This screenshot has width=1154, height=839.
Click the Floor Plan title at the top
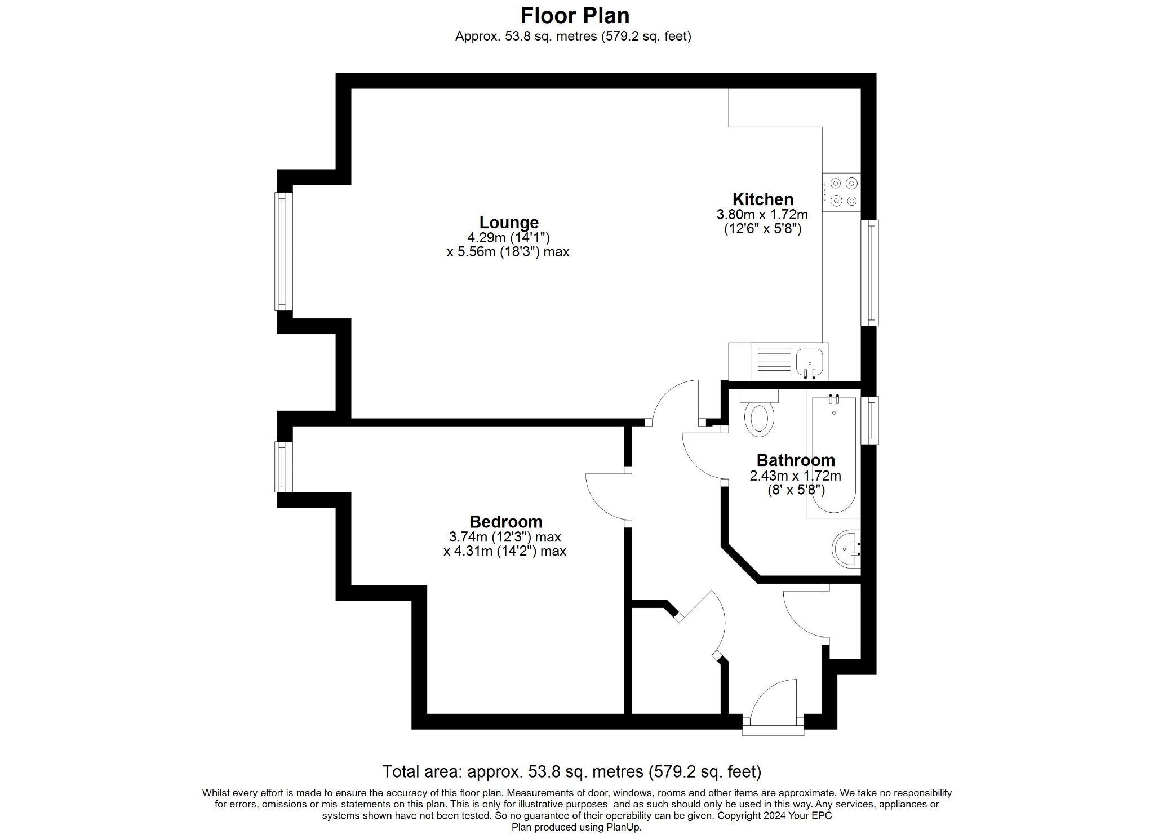coord(575,15)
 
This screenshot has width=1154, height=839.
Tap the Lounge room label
coord(509,222)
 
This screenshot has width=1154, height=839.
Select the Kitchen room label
coord(762,199)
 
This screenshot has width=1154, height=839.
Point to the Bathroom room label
coord(795,460)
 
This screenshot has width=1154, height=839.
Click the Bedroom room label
coord(505,522)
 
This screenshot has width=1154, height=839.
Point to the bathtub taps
coord(834,400)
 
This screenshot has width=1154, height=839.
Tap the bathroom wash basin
coord(846,550)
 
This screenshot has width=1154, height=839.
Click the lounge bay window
coord(283,251)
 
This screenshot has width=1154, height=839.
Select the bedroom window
coord(283,467)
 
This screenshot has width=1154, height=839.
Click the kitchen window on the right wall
coord(872,272)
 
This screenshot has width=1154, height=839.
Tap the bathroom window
coord(872,420)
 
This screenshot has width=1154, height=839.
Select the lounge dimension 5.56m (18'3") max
coord(508,252)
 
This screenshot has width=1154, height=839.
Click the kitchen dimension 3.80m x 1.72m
coord(762,215)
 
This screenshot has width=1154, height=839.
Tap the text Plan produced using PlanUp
coord(576,827)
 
